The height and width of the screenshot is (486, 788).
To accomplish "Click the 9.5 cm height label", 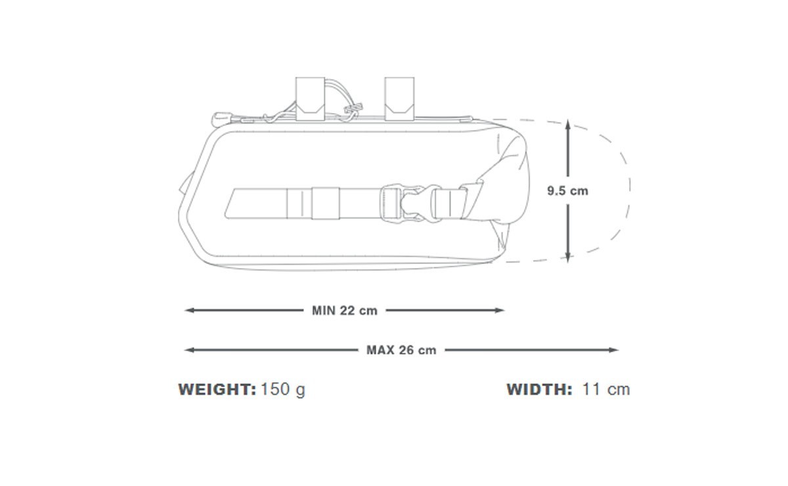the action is click(567, 190).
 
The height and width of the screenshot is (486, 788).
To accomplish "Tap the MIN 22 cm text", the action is click(344, 311).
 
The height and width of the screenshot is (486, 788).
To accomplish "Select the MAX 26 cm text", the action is click(401, 350).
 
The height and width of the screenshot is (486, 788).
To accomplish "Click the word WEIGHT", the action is click(217, 389).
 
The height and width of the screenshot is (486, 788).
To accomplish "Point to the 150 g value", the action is click(283, 390).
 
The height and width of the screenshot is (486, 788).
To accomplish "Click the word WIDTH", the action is click(539, 389).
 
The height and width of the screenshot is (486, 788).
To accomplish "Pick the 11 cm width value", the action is click(606, 389).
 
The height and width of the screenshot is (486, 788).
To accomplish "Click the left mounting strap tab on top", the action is click(310, 99).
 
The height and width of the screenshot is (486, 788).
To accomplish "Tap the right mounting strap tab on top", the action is click(399, 99).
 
